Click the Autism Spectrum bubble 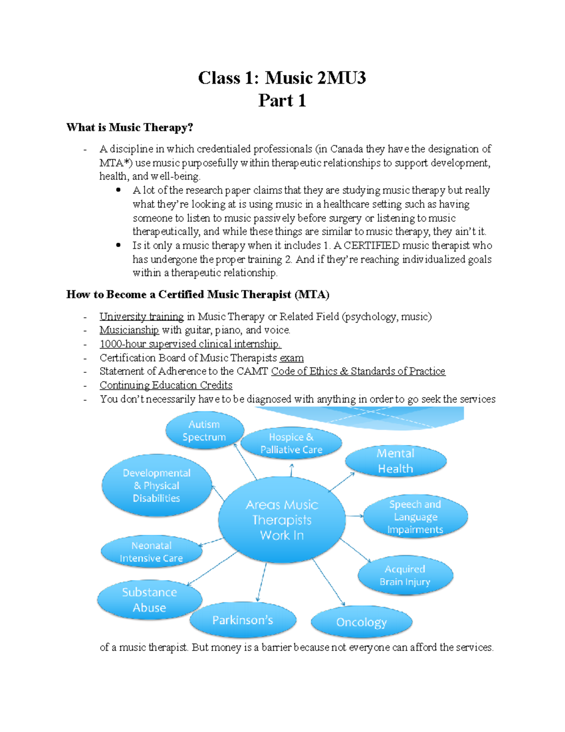point(204,431)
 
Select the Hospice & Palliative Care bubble point(291,444)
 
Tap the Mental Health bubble point(395,461)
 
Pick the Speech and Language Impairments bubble point(415,517)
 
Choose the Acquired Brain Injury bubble point(405,575)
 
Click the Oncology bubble point(361,622)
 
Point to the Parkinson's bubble point(242,620)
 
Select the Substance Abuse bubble point(149,600)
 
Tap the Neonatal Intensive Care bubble point(151,551)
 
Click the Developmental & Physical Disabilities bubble point(156,485)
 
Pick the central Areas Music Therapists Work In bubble point(282,520)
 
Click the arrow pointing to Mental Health point(342,482)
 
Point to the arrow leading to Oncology point(329,583)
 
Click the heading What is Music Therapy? point(129,127)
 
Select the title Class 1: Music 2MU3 point(282,78)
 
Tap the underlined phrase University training point(141,316)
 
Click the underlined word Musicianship point(129,330)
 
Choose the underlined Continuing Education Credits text point(166,385)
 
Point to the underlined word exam point(291,358)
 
